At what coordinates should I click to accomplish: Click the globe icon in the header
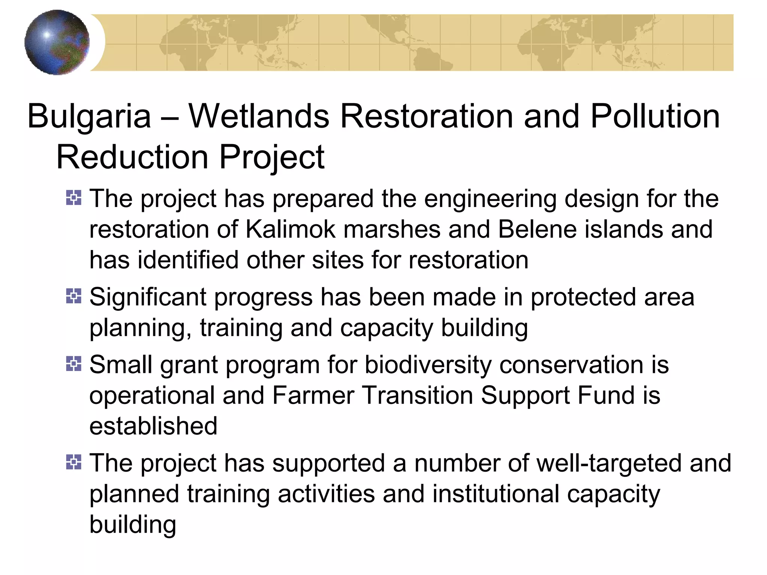click(x=57, y=42)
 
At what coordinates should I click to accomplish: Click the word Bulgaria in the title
click(x=89, y=116)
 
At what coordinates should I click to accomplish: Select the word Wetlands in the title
click(x=259, y=116)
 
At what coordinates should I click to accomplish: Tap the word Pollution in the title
click(x=655, y=116)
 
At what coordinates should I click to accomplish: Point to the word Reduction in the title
click(x=132, y=157)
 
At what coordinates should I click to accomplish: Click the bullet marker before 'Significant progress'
click(x=73, y=296)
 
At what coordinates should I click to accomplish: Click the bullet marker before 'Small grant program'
click(x=73, y=364)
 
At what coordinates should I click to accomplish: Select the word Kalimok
click(x=291, y=229)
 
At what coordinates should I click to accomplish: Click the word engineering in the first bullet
click(x=490, y=198)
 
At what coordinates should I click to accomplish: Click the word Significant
click(x=148, y=297)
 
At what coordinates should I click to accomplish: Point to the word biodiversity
click(x=428, y=365)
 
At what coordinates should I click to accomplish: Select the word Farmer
click(x=313, y=395)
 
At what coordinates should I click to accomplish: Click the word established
click(x=153, y=426)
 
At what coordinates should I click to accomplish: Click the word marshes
click(x=392, y=229)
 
